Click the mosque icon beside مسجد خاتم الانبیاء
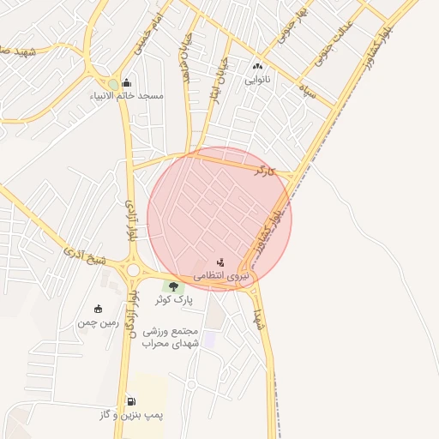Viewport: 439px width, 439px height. pos(127,83)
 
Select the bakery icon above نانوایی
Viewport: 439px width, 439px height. pos(257,67)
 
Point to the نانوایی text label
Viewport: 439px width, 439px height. pos(257,80)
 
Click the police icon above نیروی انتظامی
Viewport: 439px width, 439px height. pos(221,262)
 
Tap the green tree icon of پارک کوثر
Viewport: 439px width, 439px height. pos(174,286)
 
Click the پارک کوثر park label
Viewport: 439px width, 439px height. pos(174,300)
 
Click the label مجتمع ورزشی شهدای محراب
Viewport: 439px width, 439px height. pos(179,336)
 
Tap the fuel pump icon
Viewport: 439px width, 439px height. pos(130,400)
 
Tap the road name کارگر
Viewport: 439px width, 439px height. pos(266,171)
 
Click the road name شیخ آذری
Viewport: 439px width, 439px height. pos(87,256)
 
